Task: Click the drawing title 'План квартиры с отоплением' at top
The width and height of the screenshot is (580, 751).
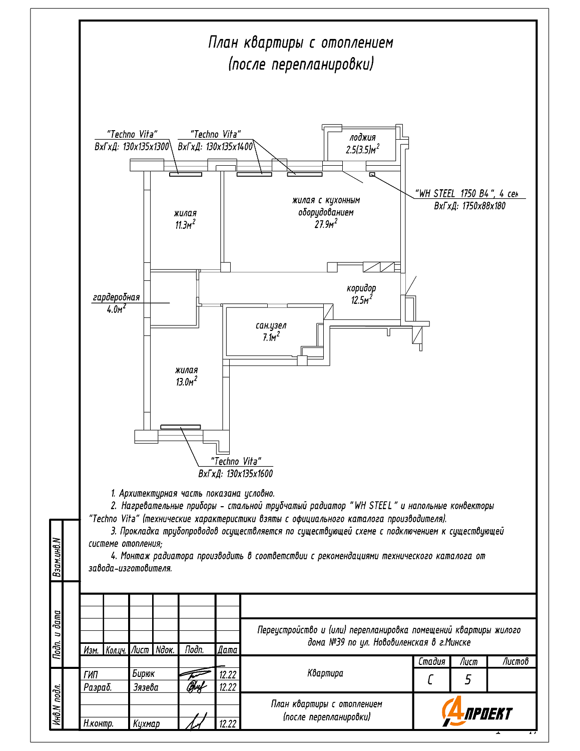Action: coord(300,43)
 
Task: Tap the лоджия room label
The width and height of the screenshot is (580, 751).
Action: coord(362,138)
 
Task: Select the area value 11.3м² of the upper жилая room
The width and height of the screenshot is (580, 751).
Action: coord(185,225)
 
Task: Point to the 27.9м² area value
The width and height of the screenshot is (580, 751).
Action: coord(325,224)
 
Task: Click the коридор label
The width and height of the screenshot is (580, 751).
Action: coord(361,288)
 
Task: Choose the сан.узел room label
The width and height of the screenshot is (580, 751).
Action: coord(271,325)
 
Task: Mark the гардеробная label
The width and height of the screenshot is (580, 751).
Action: coord(116,297)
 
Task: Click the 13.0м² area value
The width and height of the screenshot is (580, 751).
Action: coord(186,382)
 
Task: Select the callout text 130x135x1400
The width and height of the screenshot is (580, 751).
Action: coord(229,147)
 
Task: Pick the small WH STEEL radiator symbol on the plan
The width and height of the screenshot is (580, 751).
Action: coord(372,174)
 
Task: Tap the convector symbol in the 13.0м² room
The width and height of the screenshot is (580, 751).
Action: coord(181,427)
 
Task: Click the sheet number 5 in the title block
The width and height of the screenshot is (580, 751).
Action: coord(468,679)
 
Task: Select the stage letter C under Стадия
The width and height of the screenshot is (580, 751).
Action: coord(430,679)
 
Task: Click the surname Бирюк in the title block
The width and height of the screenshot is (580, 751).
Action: coord(144,674)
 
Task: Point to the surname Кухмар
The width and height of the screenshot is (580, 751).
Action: coord(146,723)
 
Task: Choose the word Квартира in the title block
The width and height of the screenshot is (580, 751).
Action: coord(325,673)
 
